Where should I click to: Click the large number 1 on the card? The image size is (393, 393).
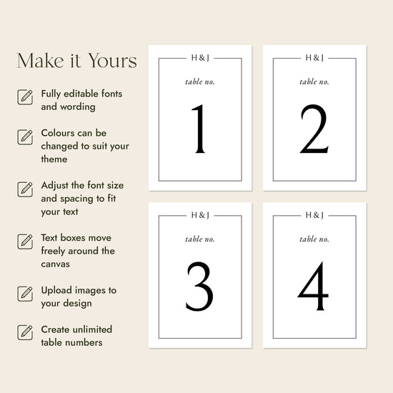pyautogui.click(x=199, y=129)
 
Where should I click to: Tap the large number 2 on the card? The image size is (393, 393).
pyautogui.click(x=314, y=129)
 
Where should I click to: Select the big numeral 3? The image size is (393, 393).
pyautogui.click(x=199, y=286)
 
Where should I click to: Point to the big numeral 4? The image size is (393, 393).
pyautogui.click(x=313, y=286)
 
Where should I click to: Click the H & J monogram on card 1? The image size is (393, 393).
pyautogui.click(x=200, y=58)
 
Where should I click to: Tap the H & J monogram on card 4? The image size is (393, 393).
pyautogui.click(x=314, y=215)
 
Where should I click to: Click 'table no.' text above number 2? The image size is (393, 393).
pyautogui.click(x=314, y=81)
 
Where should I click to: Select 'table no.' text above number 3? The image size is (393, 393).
pyautogui.click(x=200, y=239)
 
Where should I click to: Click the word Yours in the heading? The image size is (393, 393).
pyautogui.click(x=112, y=61)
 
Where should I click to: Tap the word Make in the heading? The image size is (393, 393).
pyautogui.click(x=40, y=61)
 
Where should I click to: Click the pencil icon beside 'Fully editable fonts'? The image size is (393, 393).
pyautogui.click(x=25, y=97)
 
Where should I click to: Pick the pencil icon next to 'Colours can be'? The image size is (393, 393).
pyautogui.click(x=25, y=137)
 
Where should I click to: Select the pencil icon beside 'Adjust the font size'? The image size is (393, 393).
pyautogui.click(x=25, y=189)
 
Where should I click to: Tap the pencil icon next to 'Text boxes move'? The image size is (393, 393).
pyautogui.click(x=25, y=242)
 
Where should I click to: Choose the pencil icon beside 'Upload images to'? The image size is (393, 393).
pyautogui.click(x=25, y=294)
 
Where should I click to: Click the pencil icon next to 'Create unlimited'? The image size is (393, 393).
pyautogui.click(x=25, y=332)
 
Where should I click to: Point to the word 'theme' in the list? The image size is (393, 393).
pyautogui.click(x=54, y=159)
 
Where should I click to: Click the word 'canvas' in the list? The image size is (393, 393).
pyautogui.click(x=56, y=264)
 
